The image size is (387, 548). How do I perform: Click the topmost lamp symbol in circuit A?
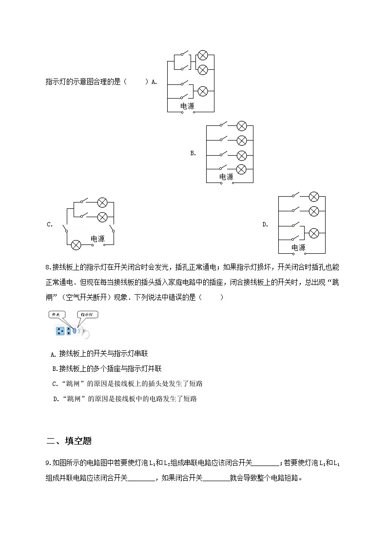[x=202, y=55]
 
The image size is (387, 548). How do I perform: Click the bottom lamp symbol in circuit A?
[x=202, y=91]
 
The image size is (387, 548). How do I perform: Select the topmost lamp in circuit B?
[x=241, y=126]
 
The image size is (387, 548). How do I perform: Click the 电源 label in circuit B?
[x=226, y=177]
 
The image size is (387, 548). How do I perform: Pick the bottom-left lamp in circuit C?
[x=76, y=245]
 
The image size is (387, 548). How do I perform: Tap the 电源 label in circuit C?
[x=97, y=239]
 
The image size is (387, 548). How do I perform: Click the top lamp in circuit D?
[x=314, y=197]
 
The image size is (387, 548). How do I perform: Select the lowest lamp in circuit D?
[x=314, y=233]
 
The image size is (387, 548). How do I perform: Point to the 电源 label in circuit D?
[x=298, y=248]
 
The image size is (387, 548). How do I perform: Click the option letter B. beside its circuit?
[x=193, y=153]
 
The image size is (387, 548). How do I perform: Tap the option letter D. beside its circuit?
[x=265, y=224]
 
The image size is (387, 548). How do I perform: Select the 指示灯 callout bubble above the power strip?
[x=86, y=315]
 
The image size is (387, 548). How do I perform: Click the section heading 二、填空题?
[x=69, y=441]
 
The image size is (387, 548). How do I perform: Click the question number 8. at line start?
[x=48, y=267]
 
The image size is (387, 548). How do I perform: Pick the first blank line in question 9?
[x=267, y=464]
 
